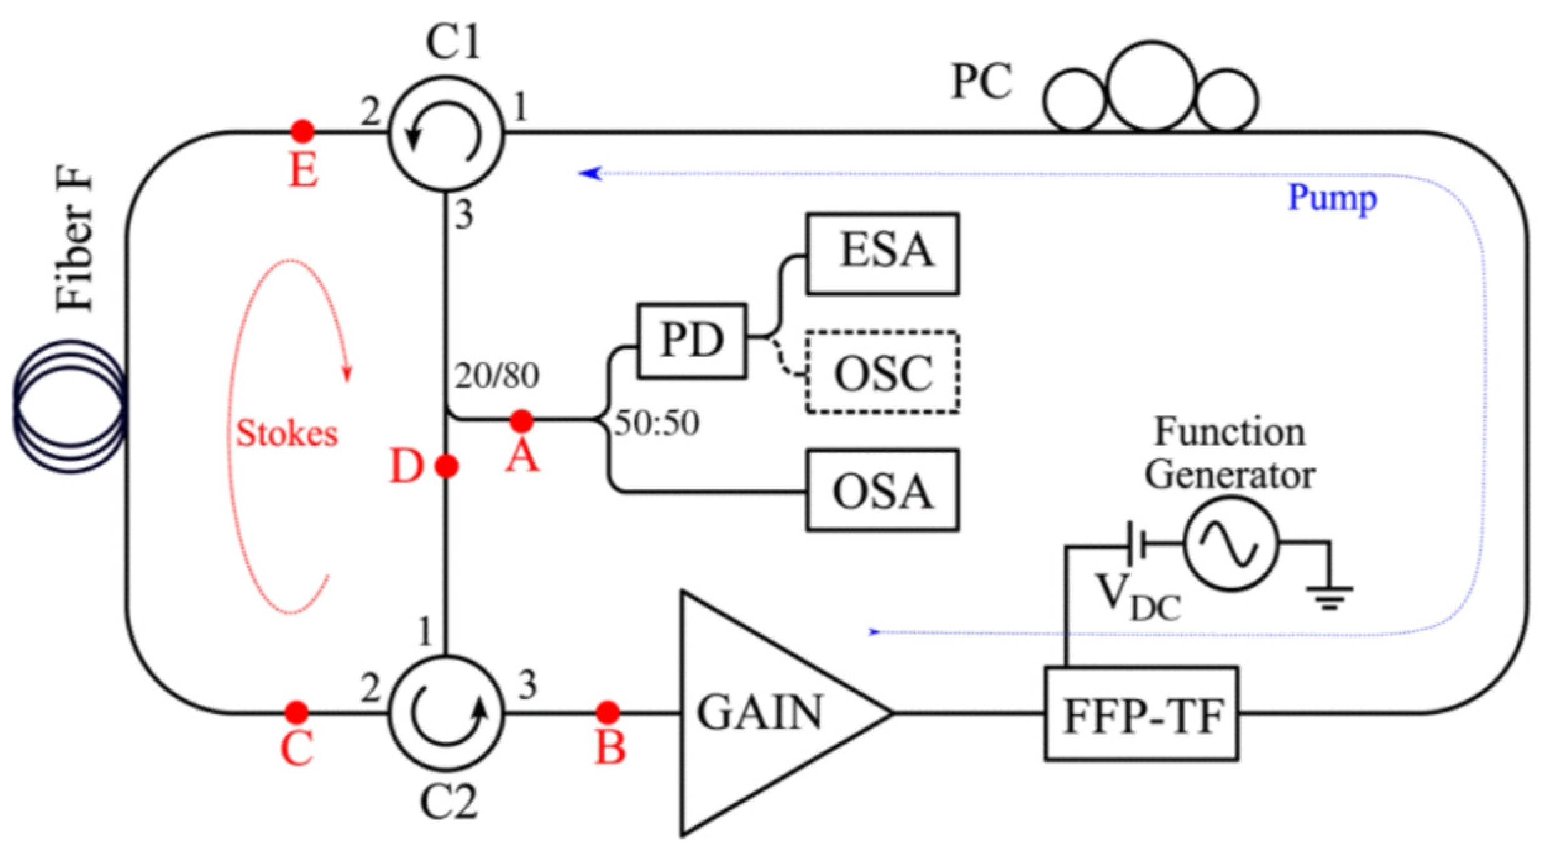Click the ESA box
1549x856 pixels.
tap(882, 253)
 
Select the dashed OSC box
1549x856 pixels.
tap(882, 372)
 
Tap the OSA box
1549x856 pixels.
tap(882, 490)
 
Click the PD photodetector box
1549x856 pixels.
tap(692, 341)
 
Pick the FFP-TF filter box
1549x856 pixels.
tap(1141, 714)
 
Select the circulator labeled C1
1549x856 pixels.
tap(446, 133)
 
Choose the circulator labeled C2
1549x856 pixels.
tap(446, 712)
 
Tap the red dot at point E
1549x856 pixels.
tap(303, 131)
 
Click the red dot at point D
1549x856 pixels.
tap(446, 466)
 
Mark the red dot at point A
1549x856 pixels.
tap(521, 421)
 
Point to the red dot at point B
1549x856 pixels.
tap(607, 712)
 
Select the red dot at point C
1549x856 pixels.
tap(296, 712)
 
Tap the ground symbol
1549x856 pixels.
tap(1330, 596)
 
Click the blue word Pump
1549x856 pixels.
tap(1332, 199)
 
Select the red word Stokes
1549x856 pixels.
tap(287, 433)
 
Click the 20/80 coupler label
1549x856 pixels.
tap(497, 375)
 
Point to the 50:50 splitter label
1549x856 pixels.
tap(656, 423)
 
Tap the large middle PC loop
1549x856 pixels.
tap(1152, 86)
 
